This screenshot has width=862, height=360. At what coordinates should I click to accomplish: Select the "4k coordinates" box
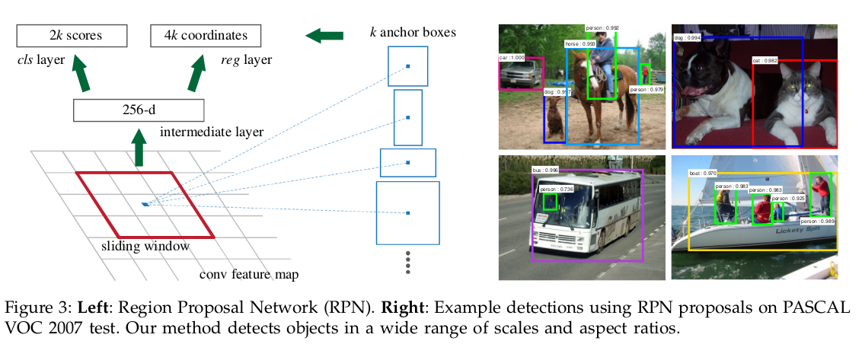[x=205, y=35]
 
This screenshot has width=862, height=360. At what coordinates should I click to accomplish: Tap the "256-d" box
[x=139, y=110]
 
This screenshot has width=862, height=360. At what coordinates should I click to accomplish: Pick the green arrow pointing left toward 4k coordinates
[x=324, y=35]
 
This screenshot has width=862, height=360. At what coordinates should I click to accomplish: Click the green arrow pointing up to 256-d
[x=139, y=148]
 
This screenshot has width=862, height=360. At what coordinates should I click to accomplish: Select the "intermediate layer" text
[x=212, y=132]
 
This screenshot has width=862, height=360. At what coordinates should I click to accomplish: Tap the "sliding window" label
[x=145, y=246]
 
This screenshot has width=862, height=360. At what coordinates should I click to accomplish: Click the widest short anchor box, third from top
[x=408, y=162]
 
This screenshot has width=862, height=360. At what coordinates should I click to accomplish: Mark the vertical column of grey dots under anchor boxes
[x=408, y=262]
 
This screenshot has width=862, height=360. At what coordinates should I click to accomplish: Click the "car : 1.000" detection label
[x=512, y=57]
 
